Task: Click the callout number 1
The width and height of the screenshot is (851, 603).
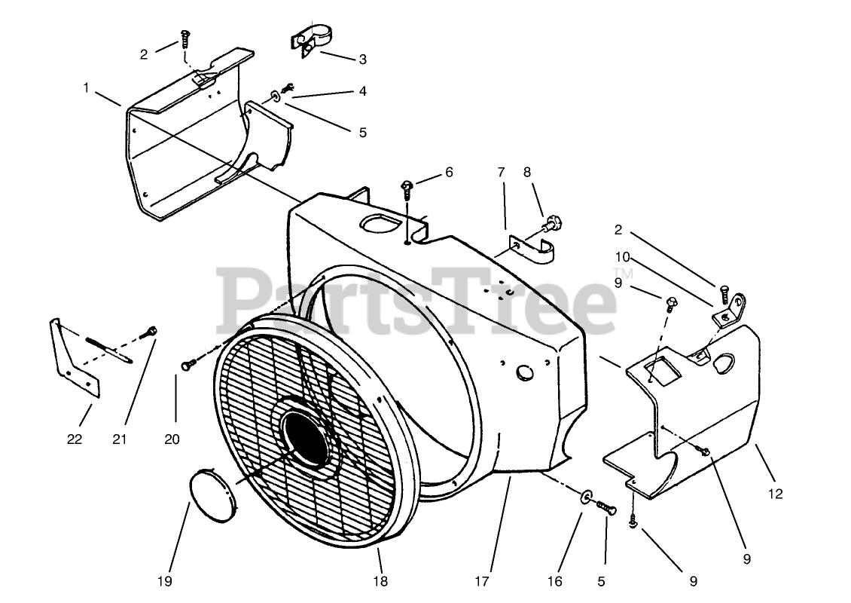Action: pos(87,88)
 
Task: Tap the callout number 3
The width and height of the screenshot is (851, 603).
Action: pos(362,60)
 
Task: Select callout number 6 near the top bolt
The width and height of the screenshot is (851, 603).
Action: pos(449,172)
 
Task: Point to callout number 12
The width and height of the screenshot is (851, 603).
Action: pos(776,494)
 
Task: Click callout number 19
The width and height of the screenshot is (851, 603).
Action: pos(165,580)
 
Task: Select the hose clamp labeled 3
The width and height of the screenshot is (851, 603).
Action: pos(310,41)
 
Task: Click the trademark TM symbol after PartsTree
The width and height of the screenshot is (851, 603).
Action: pos(622,274)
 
